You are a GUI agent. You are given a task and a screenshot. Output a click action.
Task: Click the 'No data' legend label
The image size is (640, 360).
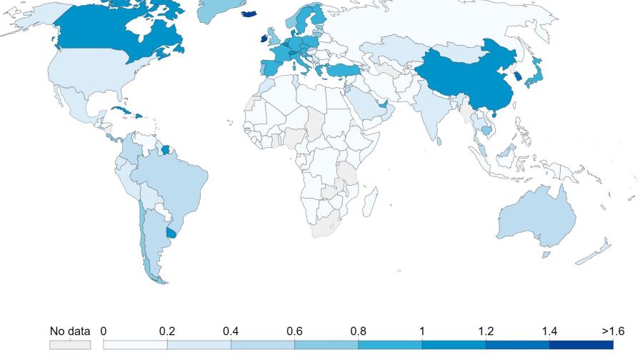coord(70,331)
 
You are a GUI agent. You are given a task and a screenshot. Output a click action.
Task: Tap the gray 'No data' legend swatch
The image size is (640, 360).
coord(70,344)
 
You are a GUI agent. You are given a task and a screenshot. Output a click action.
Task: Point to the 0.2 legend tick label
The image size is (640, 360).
coord(167,331)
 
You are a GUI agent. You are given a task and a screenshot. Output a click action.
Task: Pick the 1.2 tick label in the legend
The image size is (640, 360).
coord(486,331)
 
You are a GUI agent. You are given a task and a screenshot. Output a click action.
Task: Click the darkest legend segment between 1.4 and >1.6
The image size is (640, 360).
coord(581,344)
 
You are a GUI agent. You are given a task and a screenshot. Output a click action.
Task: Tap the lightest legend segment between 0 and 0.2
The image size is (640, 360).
coord(136,344)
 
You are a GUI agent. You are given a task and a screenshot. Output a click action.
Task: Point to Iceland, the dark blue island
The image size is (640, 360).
coord(250,13)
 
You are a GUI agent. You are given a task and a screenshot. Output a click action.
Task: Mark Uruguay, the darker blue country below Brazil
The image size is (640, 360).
coord(171,231)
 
